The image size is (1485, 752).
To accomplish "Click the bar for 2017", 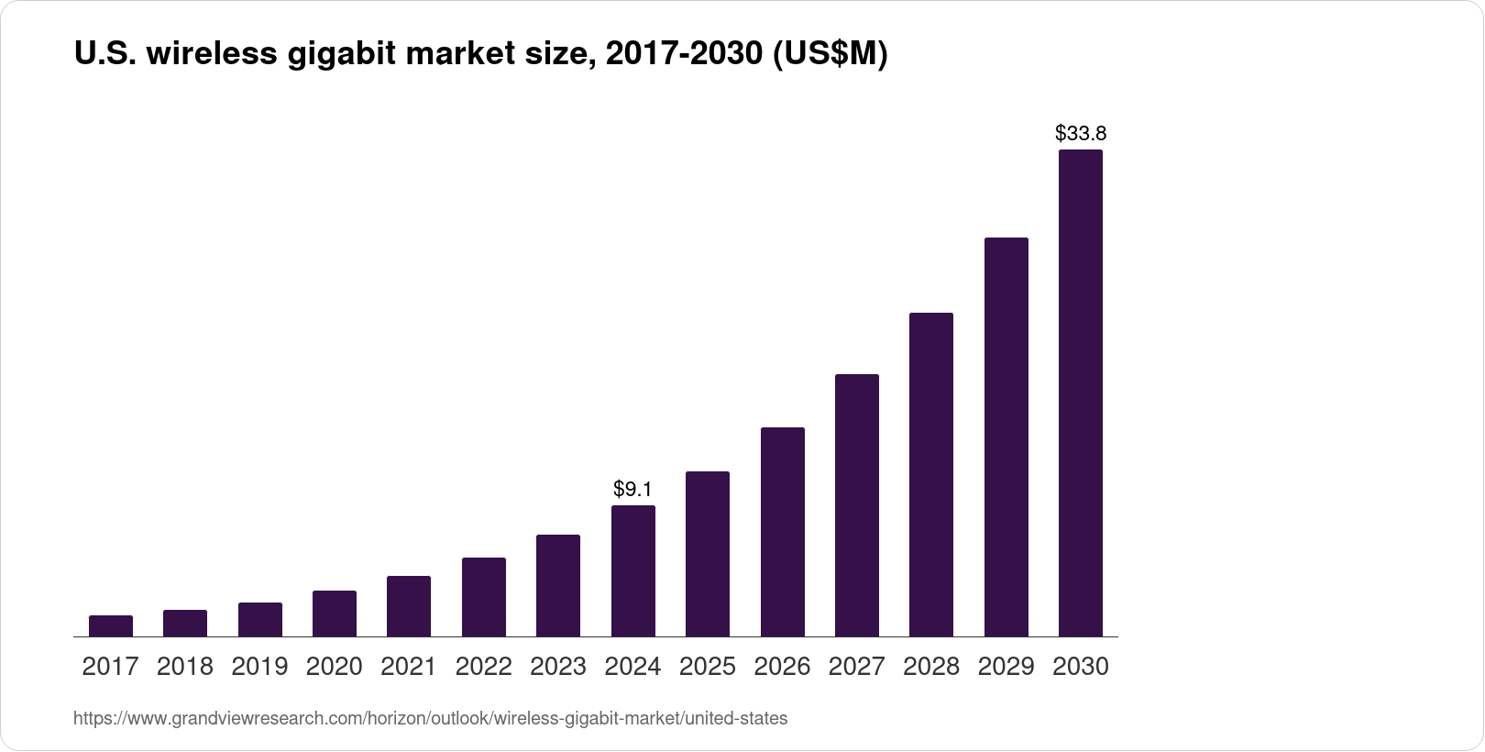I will (111, 626).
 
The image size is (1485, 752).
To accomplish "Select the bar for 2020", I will (335, 614).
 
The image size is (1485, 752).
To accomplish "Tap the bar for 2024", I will (633, 570).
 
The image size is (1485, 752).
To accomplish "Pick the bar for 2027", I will (857, 505).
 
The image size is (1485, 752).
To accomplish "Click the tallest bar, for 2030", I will (1081, 393).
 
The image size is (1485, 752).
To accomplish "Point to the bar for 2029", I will (1006, 437).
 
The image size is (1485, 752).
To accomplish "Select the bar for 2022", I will (484, 597).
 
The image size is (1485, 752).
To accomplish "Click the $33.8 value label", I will (1081, 134).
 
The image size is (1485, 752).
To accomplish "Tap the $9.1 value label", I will (633, 489).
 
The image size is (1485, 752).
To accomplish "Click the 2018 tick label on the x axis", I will (185, 667).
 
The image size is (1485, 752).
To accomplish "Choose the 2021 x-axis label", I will (409, 667).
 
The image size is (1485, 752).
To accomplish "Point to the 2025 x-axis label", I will (708, 667).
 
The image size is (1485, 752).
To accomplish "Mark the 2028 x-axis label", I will (931, 667).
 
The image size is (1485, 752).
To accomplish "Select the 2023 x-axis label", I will (558, 667).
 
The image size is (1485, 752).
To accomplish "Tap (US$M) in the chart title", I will (830, 55).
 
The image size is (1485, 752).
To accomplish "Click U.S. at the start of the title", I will (104, 55).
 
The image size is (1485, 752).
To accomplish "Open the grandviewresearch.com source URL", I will (430, 719).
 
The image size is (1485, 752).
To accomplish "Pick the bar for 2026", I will (783, 532).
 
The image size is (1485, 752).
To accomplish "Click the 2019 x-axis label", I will (259, 667).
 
